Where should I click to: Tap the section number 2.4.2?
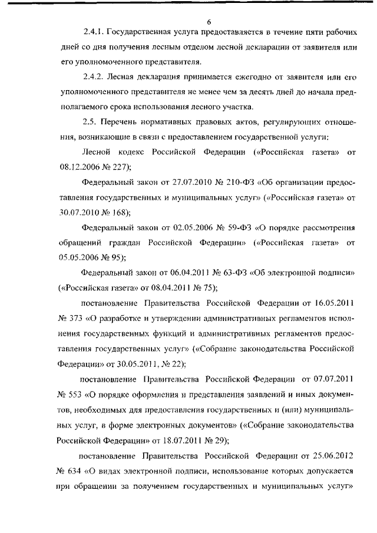[95, 76]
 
